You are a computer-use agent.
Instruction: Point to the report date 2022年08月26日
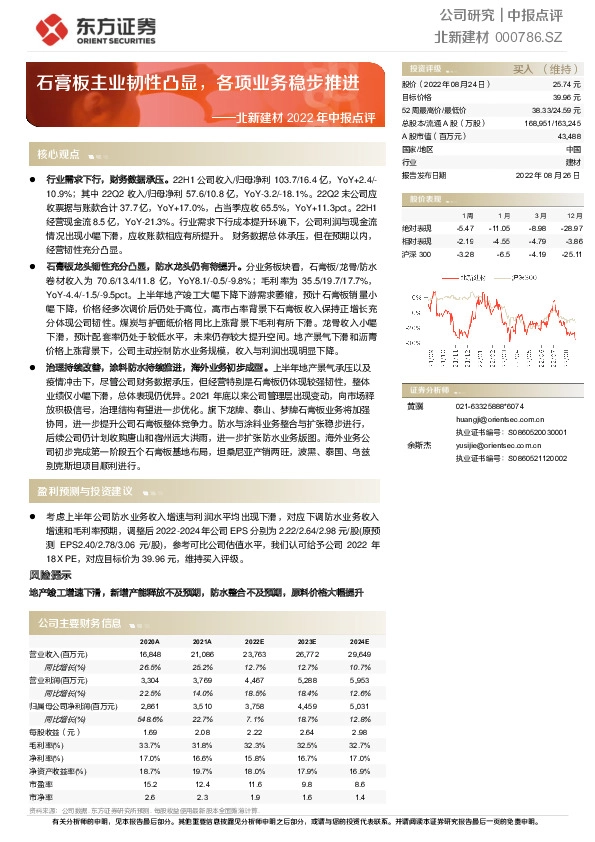pyautogui.click(x=549, y=174)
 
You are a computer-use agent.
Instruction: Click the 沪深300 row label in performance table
pyautogui.click(x=417, y=255)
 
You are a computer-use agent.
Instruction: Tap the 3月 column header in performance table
pyautogui.click(x=540, y=215)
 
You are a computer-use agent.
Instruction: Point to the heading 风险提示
pyautogui.click(x=50, y=576)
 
